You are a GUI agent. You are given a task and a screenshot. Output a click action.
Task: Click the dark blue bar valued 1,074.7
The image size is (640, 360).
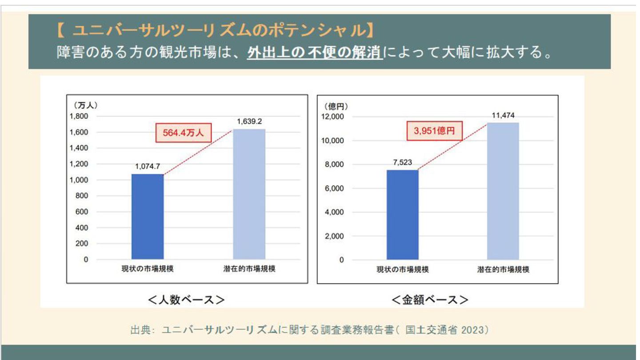pos(148,216)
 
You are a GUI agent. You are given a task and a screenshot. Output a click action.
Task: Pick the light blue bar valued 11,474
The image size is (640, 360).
pos(503,191)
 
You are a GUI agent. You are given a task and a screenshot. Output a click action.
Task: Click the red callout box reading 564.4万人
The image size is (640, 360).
pos(183,133)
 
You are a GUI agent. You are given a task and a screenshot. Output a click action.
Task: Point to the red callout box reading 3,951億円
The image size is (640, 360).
pos(434,131)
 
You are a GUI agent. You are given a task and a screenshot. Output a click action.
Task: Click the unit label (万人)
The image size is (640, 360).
pos(85,106)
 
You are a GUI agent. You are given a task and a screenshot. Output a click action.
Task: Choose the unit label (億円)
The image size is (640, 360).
pos(336,106)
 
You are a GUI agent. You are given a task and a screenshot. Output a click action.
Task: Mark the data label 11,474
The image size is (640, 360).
pos(503,116)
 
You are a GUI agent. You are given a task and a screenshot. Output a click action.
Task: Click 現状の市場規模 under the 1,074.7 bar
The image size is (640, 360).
pos(148,269)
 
